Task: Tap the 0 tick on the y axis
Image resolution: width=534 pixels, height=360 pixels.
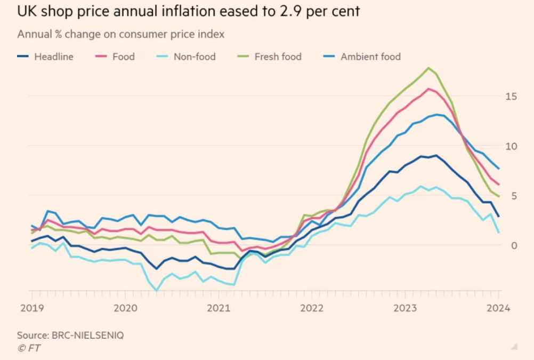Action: point(514,245)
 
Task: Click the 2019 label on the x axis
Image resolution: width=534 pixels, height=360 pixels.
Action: point(31,308)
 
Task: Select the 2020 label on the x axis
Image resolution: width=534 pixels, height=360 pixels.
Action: point(125,308)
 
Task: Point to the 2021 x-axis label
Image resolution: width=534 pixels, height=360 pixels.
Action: point(219,308)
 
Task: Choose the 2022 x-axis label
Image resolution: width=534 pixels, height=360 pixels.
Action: point(312,308)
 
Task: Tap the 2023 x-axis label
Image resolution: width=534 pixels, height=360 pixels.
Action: point(405,308)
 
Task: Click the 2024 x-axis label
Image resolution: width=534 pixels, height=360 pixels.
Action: point(499,308)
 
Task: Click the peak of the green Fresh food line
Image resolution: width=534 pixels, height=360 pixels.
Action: point(428,68)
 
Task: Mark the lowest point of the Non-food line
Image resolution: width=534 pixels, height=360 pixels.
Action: point(156,291)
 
